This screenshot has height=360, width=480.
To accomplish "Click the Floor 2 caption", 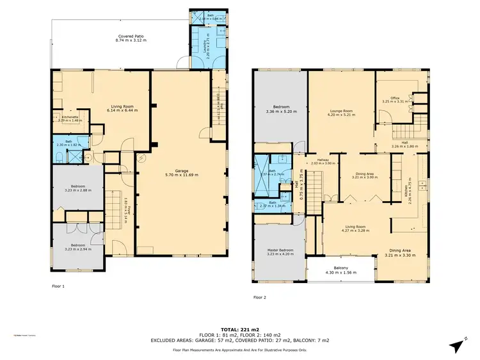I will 260,297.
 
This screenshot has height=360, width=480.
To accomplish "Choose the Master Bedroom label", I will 280,250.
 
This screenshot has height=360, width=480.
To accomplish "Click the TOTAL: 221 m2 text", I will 240,328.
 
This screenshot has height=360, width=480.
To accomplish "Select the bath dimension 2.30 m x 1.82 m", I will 68,145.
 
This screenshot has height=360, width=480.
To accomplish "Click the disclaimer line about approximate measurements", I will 240,350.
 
